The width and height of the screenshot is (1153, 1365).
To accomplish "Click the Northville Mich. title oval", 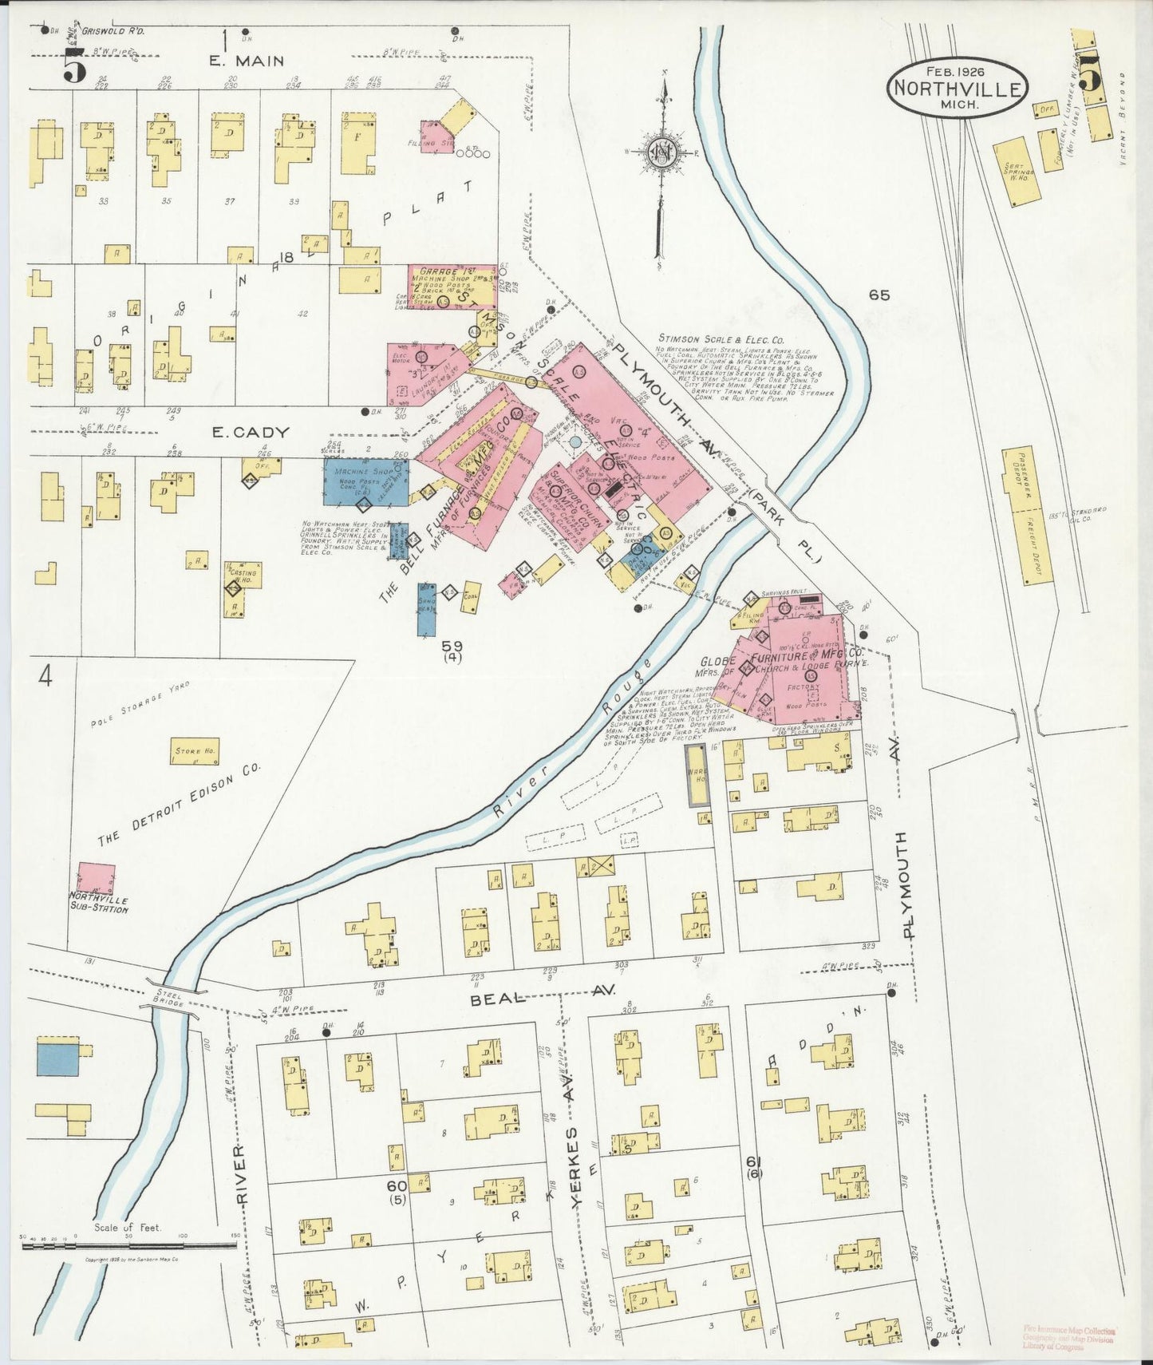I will point(958,87).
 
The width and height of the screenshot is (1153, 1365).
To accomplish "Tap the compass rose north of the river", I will point(661,152).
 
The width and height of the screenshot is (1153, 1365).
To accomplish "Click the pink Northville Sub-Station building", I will point(96,878).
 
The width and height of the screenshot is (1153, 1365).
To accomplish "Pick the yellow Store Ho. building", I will point(195,751).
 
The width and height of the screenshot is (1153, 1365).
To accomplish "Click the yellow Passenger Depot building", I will point(1027,515).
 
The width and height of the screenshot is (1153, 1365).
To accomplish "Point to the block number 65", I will point(879,295).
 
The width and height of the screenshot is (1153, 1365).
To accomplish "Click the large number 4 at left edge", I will point(45,677).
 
